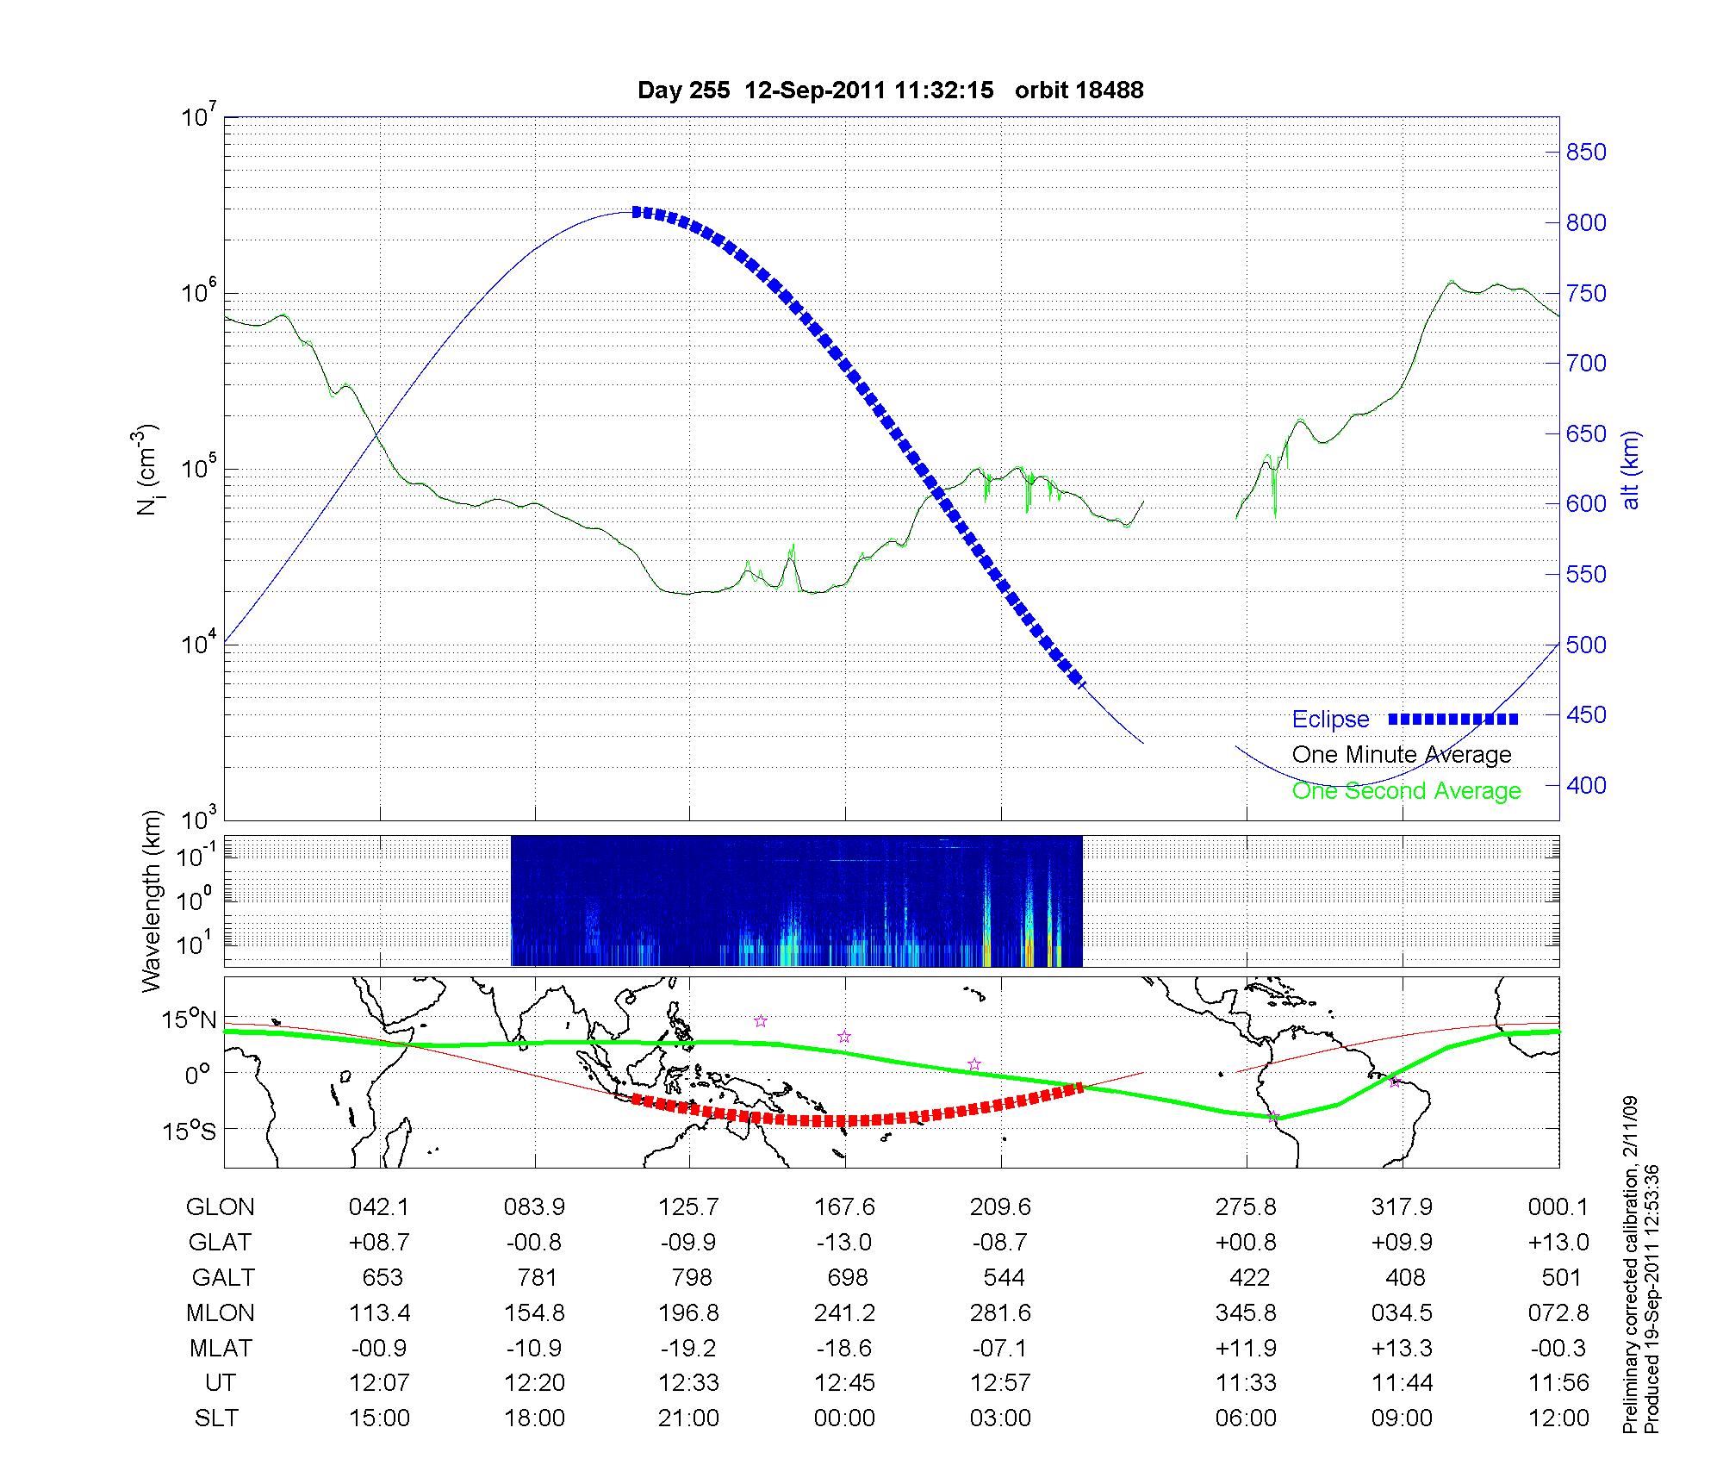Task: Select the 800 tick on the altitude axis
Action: tap(1586, 223)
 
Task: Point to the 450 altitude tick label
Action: tap(1586, 715)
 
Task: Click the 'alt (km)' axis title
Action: tap(1631, 470)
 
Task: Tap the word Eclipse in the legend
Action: tap(1330, 720)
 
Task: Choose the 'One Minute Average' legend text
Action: tap(1402, 755)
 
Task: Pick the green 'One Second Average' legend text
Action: tap(1406, 791)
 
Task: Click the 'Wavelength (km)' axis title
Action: tap(152, 901)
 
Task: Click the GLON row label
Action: tap(220, 1207)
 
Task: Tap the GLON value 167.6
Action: tap(844, 1207)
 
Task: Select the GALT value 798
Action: tap(692, 1277)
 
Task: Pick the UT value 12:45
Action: tap(844, 1383)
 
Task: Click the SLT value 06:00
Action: tap(1246, 1418)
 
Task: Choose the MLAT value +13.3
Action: tap(1402, 1348)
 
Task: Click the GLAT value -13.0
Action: tap(844, 1243)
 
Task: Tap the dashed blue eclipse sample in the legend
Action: tap(1452, 719)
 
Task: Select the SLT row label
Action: tap(216, 1418)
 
